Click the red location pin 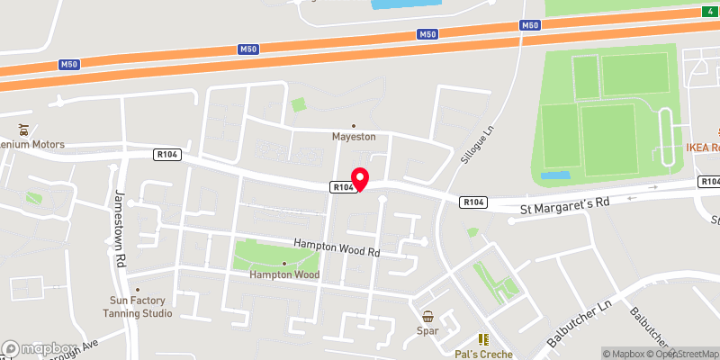[360, 179]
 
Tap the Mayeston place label [354, 137]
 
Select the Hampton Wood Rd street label [337, 248]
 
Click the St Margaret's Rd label [565, 205]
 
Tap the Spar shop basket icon [428, 316]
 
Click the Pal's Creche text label [483, 355]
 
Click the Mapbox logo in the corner [38, 348]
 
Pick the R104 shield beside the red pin [341, 187]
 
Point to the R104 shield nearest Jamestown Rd [168, 155]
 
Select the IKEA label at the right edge [703, 148]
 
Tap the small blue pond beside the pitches [555, 175]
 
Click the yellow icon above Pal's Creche [482, 339]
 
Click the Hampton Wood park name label [284, 274]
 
